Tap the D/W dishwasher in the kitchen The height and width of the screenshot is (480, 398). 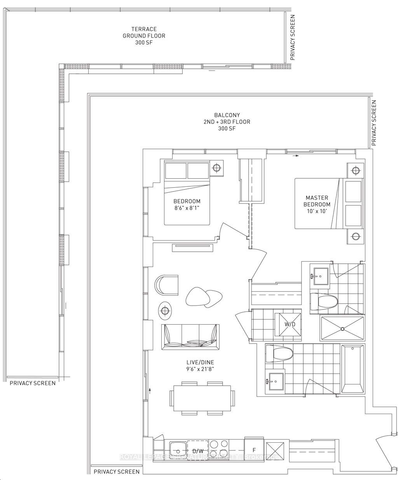click(198, 450)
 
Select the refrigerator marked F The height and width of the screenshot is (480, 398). click(254, 450)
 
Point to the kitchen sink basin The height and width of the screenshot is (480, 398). click(178, 450)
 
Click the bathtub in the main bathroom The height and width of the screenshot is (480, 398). click(353, 369)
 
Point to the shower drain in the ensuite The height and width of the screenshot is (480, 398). click(342, 329)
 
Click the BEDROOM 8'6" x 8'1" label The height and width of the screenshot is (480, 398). click(187, 204)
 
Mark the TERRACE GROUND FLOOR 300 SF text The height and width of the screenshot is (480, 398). click(144, 36)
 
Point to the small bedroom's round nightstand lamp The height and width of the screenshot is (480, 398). click(216, 168)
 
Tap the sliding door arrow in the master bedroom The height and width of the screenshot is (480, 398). click(296, 156)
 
